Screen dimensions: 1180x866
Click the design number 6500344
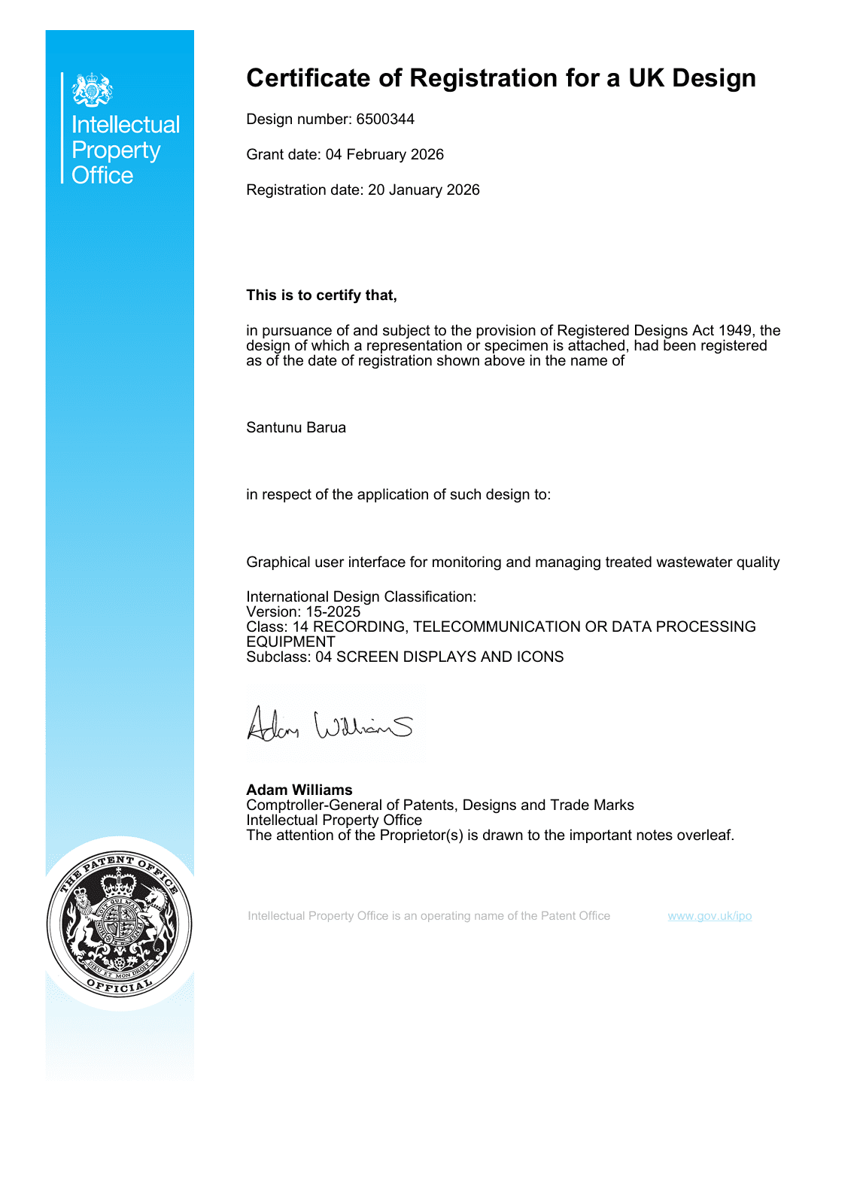385,120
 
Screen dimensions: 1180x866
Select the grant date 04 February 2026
384,155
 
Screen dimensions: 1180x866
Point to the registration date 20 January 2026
424,190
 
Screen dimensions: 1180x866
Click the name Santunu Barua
296,428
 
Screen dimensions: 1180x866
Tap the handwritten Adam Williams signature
330,725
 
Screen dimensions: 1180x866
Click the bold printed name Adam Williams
299,790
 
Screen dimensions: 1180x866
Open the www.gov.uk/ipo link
710,916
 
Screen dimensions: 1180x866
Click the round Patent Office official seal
119,924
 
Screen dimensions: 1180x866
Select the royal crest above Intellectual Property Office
92,89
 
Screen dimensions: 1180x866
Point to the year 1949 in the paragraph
735,331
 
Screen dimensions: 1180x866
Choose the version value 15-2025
333,612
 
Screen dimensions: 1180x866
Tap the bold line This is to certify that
321,296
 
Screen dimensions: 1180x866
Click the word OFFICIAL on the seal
119,986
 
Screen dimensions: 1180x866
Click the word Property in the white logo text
116,150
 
